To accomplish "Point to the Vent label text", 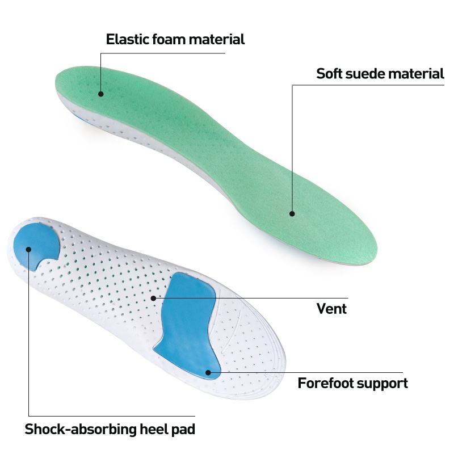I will click(331, 309).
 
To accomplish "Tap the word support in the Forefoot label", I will click(382, 384).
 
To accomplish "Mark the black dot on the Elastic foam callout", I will click(101, 94).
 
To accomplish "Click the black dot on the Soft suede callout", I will click(292, 214).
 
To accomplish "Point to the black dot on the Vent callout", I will click(153, 297).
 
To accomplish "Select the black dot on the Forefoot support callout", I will click(208, 373).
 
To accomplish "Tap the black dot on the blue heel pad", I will click(28, 247).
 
